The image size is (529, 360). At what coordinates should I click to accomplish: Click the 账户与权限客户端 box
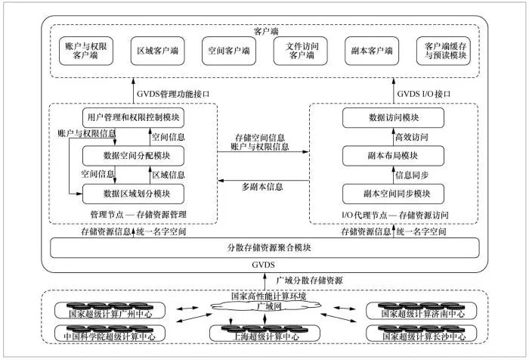pos(85,51)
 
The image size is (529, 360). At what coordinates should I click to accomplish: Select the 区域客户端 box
pos(157,51)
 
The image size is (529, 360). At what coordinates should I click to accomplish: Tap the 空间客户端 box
pos(229,51)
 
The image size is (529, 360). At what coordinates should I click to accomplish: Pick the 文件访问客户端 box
pos(300,51)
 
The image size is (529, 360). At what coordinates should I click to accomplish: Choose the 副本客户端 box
pos(372,51)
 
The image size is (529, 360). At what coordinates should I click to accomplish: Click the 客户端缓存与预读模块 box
pos(444,51)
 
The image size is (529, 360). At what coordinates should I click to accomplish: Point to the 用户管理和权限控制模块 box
pos(133,118)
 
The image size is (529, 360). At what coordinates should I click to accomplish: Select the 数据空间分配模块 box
pos(133,156)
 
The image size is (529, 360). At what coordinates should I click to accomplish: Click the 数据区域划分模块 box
pos(133,194)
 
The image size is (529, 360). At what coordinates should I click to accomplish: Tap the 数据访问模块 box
pos(393,118)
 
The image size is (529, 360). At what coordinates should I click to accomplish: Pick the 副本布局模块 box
pos(393,156)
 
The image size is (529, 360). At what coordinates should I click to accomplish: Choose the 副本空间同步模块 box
pos(393,194)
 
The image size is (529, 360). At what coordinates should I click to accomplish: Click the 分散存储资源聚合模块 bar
pos(264,248)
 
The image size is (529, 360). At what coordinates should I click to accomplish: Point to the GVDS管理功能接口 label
pos(173,94)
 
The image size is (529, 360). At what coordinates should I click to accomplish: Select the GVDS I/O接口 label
pos(424,94)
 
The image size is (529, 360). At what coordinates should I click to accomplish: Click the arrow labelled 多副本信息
pos(264,181)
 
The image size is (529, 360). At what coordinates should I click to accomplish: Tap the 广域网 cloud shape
pos(266,306)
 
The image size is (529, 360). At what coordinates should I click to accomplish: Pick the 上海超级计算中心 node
pos(264,334)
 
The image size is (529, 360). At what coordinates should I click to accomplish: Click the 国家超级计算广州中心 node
pos(110,311)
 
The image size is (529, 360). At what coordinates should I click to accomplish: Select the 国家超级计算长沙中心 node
pos(422,334)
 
